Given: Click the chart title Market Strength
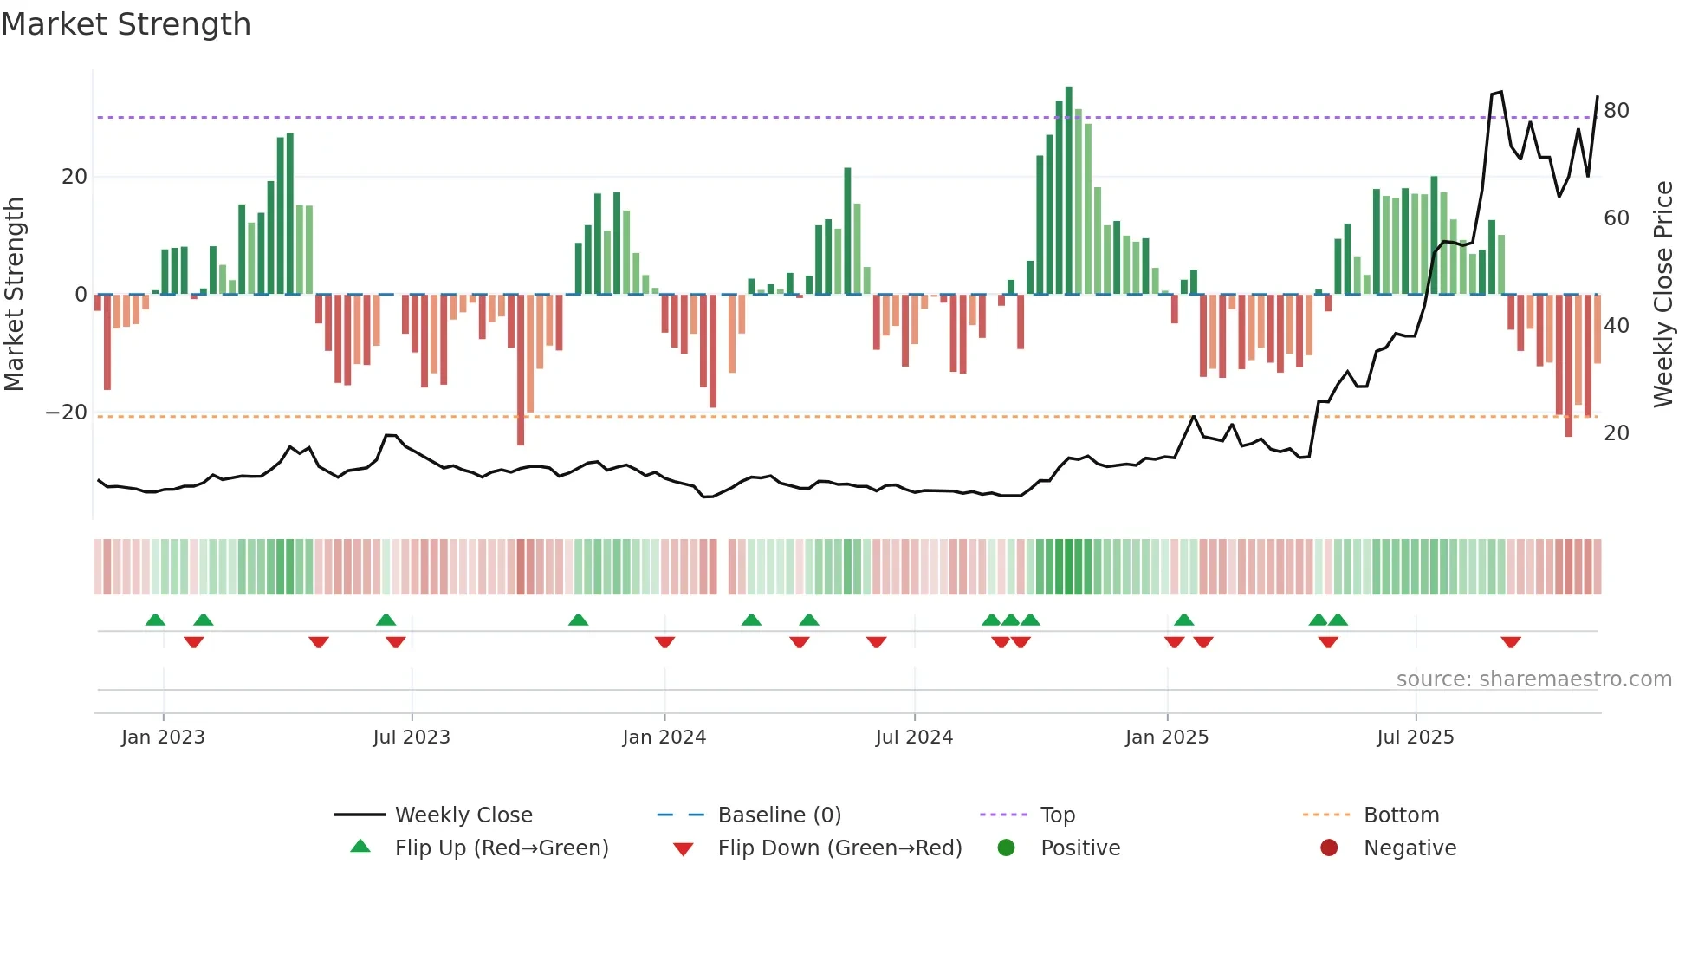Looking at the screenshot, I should tap(126, 24).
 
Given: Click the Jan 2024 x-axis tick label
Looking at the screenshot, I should tap(664, 737).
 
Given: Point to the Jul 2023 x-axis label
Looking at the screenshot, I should tap(411, 737).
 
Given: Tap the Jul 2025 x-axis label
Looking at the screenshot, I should tap(1415, 737).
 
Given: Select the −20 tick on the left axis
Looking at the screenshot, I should tap(66, 413).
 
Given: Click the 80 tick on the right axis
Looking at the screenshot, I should tap(1616, 111).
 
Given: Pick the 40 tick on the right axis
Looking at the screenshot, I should tap(1616, 326).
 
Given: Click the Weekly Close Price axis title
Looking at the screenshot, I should tap(1662, 295).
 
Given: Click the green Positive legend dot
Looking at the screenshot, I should tap(1006, 848).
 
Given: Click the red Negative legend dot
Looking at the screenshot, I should tap(1328, 848).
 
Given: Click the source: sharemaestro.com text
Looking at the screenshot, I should tap(1533, 679).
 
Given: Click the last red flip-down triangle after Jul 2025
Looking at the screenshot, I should tap(1511, 642).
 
